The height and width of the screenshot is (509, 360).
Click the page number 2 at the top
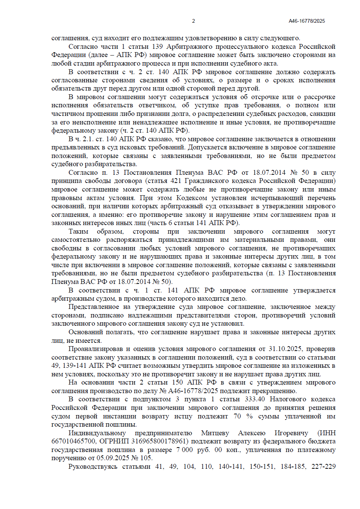(193, 21)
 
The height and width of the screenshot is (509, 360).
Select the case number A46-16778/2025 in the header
(307, 21)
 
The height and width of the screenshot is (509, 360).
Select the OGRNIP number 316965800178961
(162, 441)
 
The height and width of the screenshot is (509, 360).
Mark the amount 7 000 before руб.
(185, 450)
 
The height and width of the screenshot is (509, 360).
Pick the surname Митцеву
(215, 433)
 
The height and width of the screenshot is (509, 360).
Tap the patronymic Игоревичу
(291, 433)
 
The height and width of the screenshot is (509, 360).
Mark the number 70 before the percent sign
(237, 416)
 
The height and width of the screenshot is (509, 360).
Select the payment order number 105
(146, 458)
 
